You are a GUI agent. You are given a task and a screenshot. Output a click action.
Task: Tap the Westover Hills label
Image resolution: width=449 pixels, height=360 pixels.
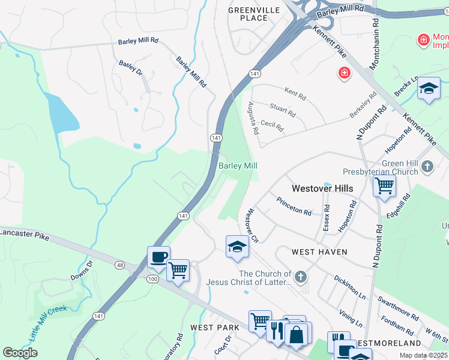(322, 188)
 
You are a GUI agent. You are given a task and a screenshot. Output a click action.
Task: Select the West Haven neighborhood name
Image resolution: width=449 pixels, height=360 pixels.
(319, 252)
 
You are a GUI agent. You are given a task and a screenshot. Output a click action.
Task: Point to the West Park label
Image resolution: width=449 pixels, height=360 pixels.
(215, 328)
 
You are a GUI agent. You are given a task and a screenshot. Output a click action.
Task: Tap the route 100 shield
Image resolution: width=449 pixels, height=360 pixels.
(152, 280)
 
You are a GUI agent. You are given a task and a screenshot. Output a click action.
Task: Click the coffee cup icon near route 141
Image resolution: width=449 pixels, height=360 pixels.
(158, 257)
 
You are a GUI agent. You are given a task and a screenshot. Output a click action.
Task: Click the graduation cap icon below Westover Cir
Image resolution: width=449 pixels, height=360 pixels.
(237, 246)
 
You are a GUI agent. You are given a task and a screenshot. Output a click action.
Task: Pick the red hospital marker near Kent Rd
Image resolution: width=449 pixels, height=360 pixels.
(344, 73)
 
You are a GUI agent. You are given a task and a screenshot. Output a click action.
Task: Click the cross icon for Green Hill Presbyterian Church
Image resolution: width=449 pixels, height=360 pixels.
(427, 166)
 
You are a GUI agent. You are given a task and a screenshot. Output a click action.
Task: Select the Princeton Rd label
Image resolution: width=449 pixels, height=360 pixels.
(294, 207)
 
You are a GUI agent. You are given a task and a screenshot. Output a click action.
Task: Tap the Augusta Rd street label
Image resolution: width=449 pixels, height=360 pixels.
(253, 118)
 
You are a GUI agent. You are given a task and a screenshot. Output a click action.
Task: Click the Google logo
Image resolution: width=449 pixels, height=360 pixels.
(20, 353)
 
